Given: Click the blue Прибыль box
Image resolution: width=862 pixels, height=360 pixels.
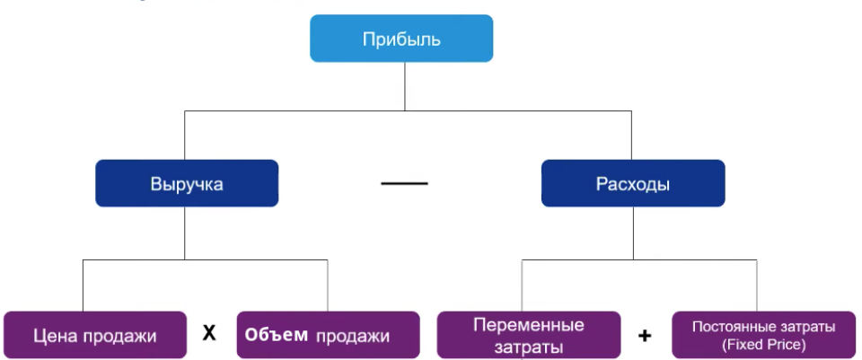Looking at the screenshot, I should [x=401, y=39].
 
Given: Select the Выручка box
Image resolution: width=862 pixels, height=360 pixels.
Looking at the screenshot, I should [x=187, y=183].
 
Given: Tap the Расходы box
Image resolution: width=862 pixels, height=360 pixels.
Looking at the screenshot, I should [x=632, y=183].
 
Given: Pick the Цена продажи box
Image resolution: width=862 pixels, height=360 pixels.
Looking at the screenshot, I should [x=94, y=336].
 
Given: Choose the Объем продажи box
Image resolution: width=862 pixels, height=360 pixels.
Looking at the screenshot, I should [x=328, y=336].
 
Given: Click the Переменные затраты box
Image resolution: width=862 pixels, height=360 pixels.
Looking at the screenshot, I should [x=528, y=335].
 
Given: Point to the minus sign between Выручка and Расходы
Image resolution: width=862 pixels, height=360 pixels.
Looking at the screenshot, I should [x=404, y=184].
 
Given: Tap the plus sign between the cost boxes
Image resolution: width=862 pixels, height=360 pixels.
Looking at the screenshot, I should [x=644, y=337].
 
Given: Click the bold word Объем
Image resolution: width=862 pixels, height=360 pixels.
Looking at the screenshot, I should [x=277, y=336].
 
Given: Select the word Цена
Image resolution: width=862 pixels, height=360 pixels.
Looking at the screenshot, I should [x=53, y=337].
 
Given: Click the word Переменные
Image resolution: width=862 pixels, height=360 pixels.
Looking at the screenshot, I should [x=528, y=325].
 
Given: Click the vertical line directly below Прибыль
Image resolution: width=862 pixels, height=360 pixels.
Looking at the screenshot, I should [x=405, y=87].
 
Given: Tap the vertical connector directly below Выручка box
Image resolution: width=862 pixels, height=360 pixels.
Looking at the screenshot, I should [x=185, y=233].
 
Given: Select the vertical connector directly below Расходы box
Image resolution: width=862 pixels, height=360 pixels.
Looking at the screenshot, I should [x=632, y=233].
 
